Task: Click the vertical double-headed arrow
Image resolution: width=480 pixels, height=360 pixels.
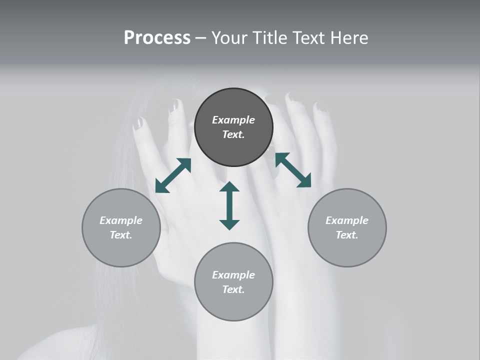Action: click(x=229, y=206)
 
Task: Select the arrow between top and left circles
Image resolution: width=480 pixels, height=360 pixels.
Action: click(x=173, y=175)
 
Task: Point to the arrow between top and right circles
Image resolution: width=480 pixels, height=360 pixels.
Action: click(x=293, y=170)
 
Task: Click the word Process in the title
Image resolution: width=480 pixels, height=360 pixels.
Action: click(x=157, y=37)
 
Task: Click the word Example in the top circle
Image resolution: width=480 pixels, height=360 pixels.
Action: click(x=233, y=120)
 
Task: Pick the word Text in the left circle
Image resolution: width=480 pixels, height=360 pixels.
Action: click(x=120, y=235)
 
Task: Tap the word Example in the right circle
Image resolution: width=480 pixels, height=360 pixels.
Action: click(x=347, y=220)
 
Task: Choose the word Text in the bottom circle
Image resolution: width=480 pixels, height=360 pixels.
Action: click(x=233, y=289)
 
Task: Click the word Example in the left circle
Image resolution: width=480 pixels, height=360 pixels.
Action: click(x=121, y=220)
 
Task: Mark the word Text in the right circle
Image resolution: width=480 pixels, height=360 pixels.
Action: click(x=346, y=235)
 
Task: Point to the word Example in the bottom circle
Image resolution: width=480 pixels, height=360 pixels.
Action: click(x=233, y=275)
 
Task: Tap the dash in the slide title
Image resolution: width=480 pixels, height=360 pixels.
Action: click(x=201, y=38)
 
